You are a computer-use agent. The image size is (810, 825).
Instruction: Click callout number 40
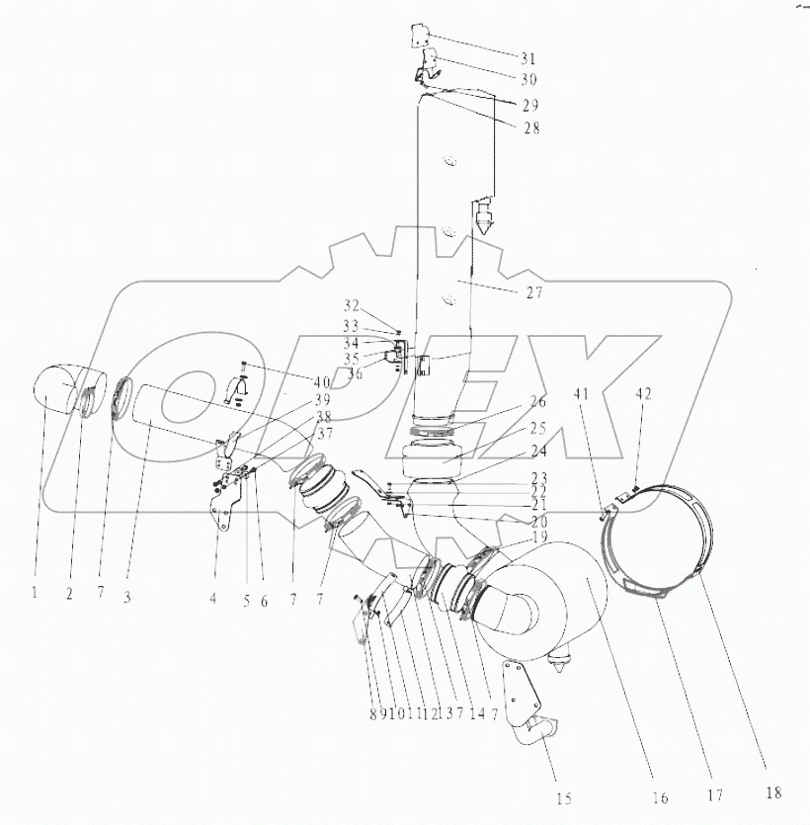(x=322, y=383)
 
